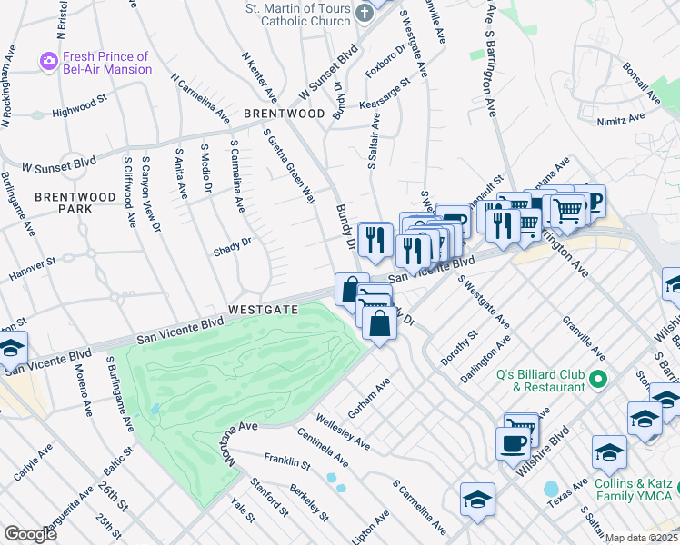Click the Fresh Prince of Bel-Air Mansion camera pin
click(x=48, y=62)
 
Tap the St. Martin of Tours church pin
click(x=365, y=13)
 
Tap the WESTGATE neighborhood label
click(x=264, y=310)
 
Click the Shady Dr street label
click(x=231, y=244)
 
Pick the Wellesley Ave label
click(x=342, y=432)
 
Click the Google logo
click(x=30, y=534)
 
